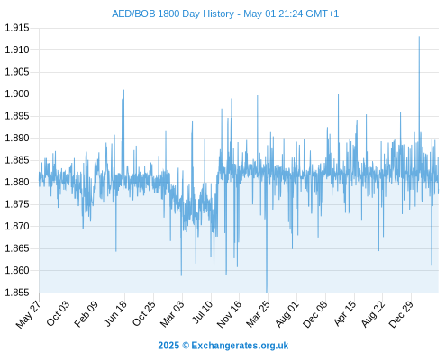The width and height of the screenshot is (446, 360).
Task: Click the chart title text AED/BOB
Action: pyautogui.click(x=133, y=13)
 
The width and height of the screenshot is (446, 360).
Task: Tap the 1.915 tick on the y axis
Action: pyautogui.click(x=17, y=28)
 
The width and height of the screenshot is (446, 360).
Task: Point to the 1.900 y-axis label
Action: pyautogui.click(x=17, y=94)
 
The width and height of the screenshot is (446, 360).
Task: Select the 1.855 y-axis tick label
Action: pyautogui.click(x=17, y=292)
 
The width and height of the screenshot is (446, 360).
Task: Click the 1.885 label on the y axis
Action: pyautogui.click(x=17, y=160)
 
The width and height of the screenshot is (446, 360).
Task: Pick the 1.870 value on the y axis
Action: pyautogui.click(x=17, y=226)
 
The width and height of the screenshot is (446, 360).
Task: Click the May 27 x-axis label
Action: pyautogui.click(x=28, y=314)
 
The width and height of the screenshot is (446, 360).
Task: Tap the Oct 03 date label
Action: pyautogui.click(x=58, y=313)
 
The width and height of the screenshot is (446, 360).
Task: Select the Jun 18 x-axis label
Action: pyautogui.click(x=115, y=313)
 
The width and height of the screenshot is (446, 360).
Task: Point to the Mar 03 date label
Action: pyautogui.click(x=171, y=314)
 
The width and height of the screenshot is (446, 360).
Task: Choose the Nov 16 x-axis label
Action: pyautogui.click(x=229, y=314)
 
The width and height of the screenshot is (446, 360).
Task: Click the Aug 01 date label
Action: pyautogui.click(x=287, y=314)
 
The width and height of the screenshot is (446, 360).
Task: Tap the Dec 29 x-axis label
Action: pyautogui.click(x=401, y=314)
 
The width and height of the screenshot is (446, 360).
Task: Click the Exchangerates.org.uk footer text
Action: pyautogui.click(x=240, y=346)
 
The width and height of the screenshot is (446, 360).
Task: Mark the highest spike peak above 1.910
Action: pyautogui.click(x=419, y=37)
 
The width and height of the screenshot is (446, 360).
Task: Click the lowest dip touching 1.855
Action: pyautogui.click(x=267, y=292)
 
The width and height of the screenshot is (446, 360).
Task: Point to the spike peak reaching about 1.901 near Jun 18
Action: pyautogui.click(x=123, y=90)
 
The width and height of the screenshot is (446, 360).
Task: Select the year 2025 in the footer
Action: pyautogui.click(x=168, y=346)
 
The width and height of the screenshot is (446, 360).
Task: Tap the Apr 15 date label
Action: pyautogui.click(x=344, y=313)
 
